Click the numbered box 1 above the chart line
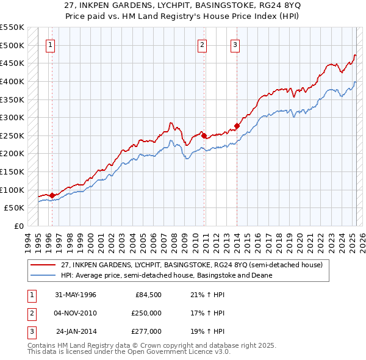tap(49, 44)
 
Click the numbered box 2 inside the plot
tap(202, 44)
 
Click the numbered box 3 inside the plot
tap(235, 44)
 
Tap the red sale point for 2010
tap(204, 135)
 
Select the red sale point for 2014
tap(237, 126)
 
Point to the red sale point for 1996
tap(52, 195)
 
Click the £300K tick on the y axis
tap(12, 117)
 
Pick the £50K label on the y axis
tap(14, 207)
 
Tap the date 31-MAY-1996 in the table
tap(76, 295)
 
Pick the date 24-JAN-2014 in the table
tap(76, 331)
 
